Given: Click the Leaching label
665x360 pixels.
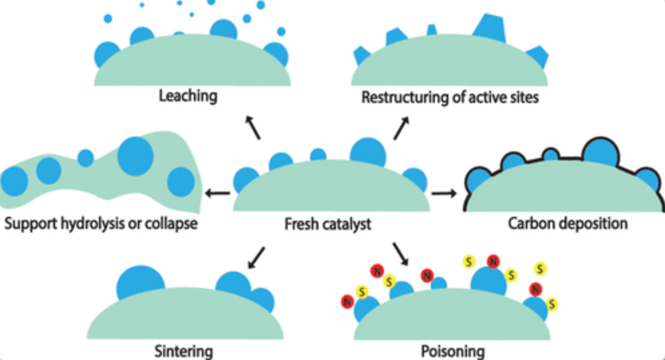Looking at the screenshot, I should (x=188, y=96).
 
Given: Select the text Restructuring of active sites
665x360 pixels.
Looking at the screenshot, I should (x=450, y=98).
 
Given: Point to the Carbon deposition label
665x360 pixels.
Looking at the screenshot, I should (x=567, y=223).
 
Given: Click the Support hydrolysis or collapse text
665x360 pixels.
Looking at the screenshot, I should (x=102, y=223).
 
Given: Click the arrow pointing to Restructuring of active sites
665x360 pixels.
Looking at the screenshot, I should (x=402, y=126).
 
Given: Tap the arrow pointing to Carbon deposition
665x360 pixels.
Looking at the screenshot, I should (x=444, y=193).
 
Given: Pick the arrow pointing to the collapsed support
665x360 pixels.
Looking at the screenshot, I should (x=217, y=193).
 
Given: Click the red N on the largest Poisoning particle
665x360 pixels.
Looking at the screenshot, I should (x=493, y=261).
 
